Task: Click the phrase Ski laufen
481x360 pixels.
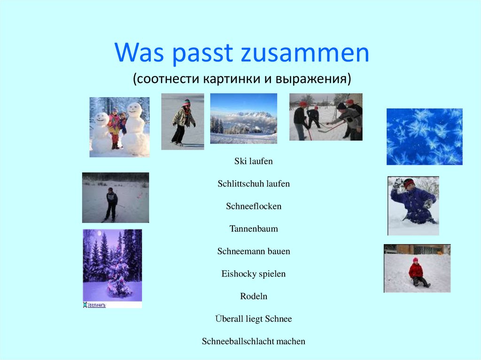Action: point(253,161)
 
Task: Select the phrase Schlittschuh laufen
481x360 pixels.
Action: point(253,184)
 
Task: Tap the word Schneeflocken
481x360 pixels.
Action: point(253,207)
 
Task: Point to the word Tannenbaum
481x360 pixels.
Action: point(253,229)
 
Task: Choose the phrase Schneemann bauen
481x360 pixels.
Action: point(253,252)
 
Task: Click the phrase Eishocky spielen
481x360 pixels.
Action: point(253,274)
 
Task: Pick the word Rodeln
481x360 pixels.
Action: point(253,297)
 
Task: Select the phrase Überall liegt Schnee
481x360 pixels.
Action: point(253,319)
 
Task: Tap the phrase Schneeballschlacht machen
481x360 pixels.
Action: point(253,342)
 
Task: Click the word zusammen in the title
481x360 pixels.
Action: point(305,54)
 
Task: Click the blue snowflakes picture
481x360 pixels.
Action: point(424,137)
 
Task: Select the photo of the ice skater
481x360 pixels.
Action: point(182,122)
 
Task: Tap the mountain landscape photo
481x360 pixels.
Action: point(243,118)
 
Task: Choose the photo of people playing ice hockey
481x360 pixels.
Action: point(326,117)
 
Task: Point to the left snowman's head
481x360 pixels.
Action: point(102,118)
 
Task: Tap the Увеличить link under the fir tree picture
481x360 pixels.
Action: point(94,305)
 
